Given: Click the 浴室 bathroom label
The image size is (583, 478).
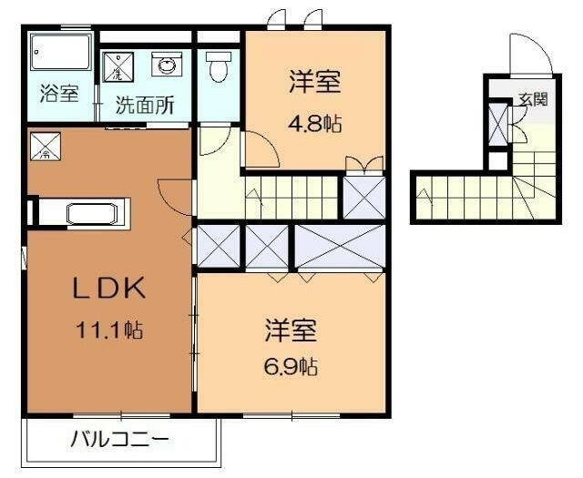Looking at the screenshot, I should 59,94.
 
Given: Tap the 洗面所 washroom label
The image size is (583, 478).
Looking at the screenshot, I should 145,104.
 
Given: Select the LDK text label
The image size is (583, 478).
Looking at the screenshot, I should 109,289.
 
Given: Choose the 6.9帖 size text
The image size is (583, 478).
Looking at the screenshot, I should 291,367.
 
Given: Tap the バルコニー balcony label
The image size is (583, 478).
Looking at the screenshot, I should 119,441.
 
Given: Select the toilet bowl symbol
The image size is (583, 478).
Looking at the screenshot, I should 218,66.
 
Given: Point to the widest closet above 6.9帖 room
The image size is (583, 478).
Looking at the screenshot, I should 338,244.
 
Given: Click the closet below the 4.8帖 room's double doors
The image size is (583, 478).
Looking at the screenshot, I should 363,196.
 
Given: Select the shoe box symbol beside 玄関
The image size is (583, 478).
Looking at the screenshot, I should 497,124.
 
